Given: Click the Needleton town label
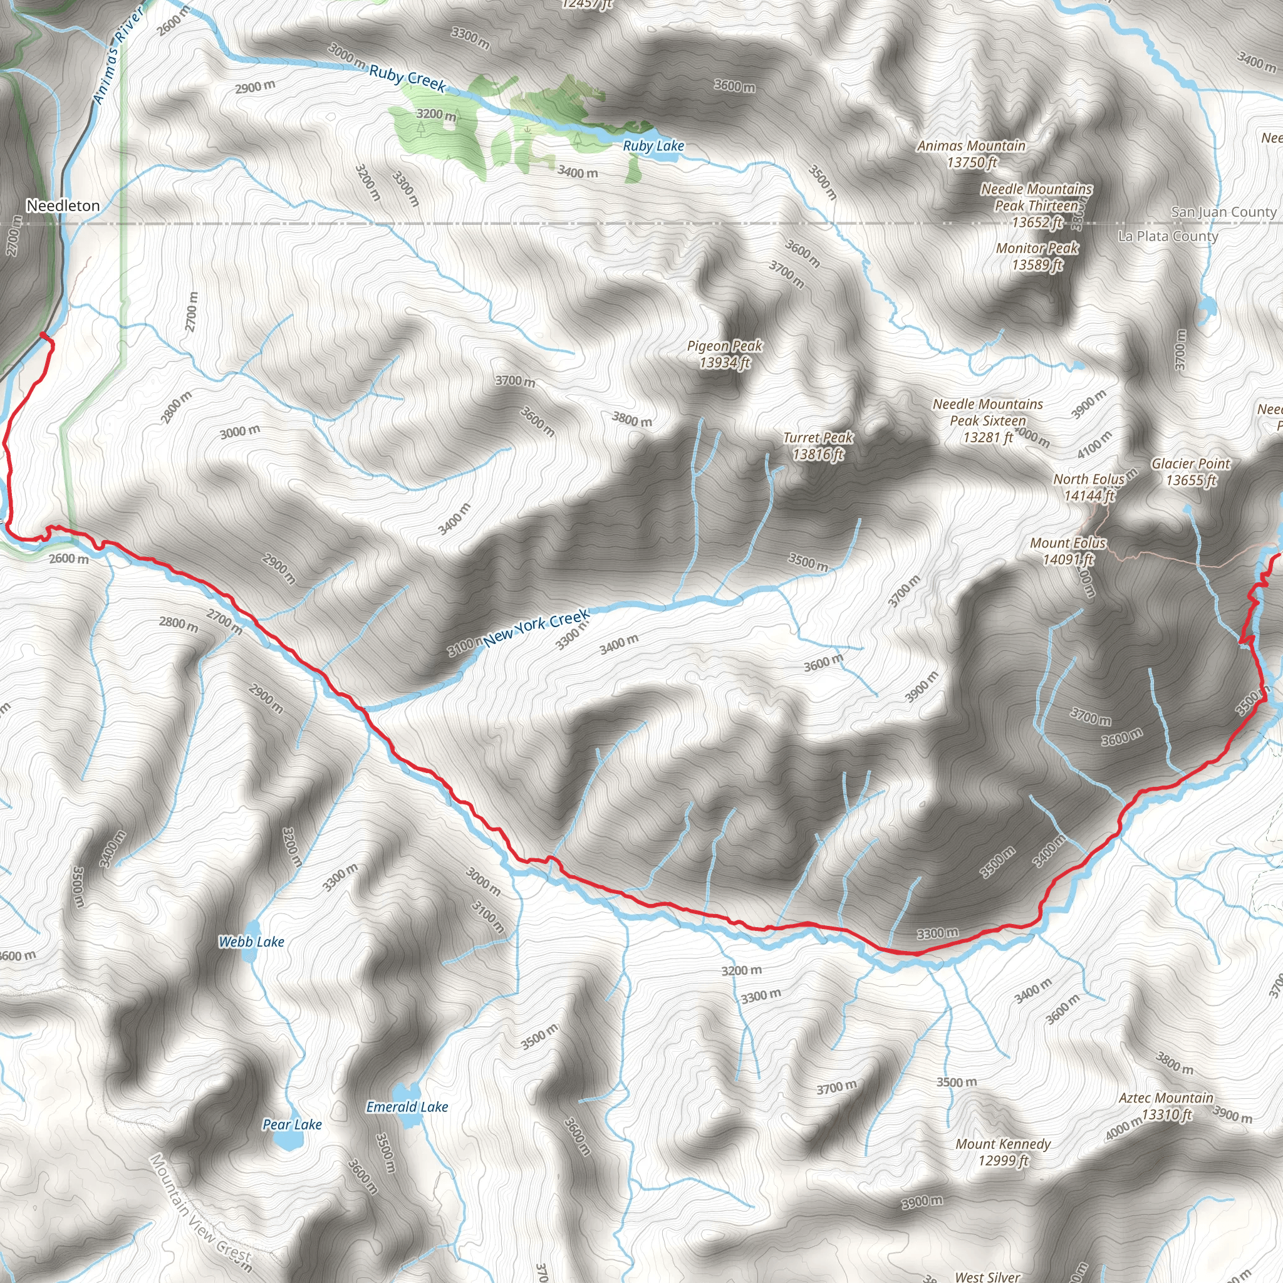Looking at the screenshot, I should click(63, 206).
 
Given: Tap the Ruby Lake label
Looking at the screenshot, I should click(653, 145).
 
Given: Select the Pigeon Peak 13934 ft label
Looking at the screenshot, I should click(725, 354).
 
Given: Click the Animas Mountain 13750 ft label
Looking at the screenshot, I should click(971, 153).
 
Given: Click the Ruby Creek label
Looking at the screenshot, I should click(407, 78).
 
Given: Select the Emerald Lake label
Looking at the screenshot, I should click(407, 1106).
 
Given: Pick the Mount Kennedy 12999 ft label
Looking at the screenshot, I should click(1003, 1151).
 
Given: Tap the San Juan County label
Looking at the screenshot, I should click(1223, 212).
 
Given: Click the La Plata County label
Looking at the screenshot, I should click(1168, 236).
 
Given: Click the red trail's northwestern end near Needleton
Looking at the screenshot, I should click(43, 334).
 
